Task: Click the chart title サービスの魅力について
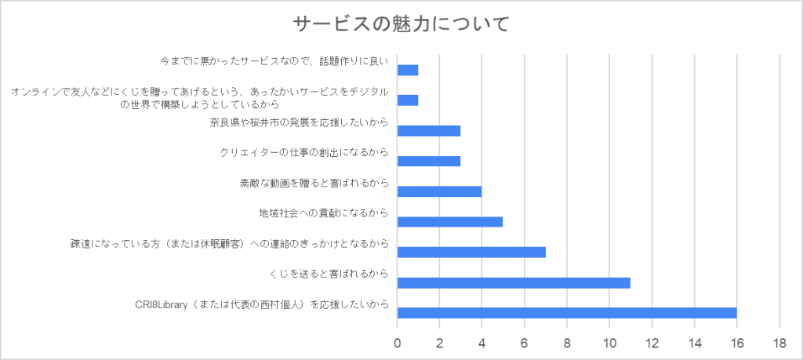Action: point(401,24)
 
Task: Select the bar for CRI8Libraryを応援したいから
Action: point(567,313)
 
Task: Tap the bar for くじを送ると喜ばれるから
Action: point(514,282)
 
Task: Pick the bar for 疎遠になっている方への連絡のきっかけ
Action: point(471,252)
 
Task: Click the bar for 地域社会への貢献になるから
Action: point(450,221)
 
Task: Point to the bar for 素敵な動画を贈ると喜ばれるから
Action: point(439,191)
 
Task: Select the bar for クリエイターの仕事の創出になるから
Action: point(429,161)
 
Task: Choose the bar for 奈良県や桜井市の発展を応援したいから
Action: point(429,130)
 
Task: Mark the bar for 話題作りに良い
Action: point(408,70)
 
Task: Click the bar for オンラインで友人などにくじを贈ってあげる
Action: point(408,100)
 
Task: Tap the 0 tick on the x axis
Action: point(398,342)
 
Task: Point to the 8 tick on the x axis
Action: point(567,342)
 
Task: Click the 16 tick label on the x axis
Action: point(736,342)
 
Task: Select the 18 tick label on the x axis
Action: point(779,342)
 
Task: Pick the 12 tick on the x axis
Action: point(652,342)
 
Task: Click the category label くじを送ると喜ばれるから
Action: point(329,274)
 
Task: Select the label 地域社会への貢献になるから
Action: point(324,213)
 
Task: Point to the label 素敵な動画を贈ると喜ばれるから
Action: point(314,183)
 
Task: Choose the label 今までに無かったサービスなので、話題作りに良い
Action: point(274,60)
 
